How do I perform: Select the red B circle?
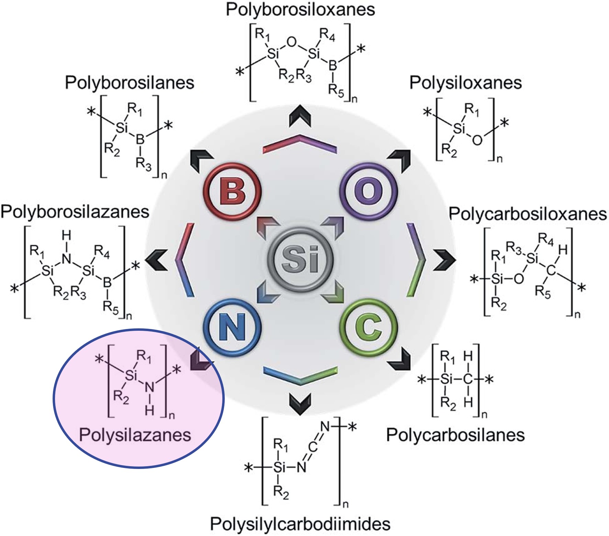coord(232,191)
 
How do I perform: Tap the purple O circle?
coord(368,191)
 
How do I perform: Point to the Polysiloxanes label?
coord(465,83)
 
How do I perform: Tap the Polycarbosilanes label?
coord(455,435)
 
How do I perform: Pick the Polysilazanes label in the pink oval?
coord(135,435)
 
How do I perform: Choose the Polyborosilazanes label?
coord(75,212)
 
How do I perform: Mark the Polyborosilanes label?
coord(130,83)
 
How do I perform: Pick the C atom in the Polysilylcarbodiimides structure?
coord(312,447)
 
